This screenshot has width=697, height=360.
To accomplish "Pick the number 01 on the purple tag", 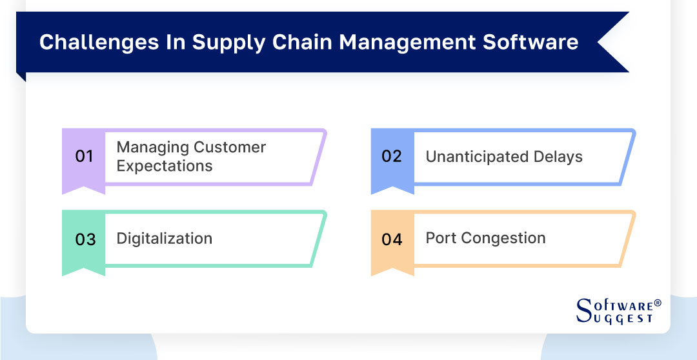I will click(85, 157).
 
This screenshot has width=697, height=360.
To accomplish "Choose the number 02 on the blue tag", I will click(392, 157).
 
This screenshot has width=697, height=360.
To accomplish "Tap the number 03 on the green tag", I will click(85, 239).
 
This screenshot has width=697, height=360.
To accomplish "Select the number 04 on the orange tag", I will click(392, 239).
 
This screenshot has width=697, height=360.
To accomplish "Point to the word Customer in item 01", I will click(230, 147).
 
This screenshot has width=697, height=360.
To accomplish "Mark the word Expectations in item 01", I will click(165, 166).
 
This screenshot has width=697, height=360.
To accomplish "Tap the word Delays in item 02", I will click(558, 157).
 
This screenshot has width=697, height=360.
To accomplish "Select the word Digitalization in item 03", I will click(165, 238).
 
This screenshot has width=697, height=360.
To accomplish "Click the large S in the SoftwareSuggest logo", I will click(583, 310).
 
